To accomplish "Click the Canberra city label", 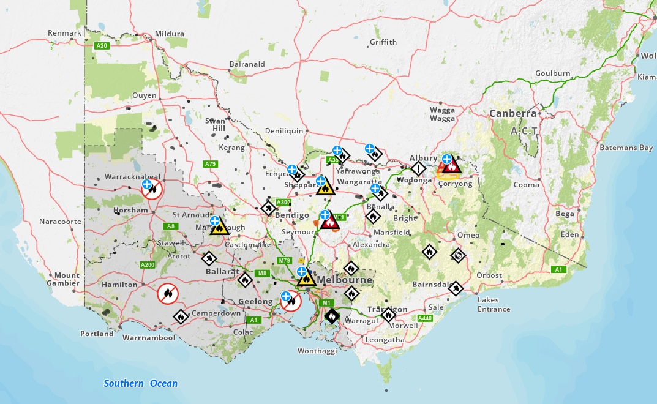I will pyautogui.click(x=512, y=114).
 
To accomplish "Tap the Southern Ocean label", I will pyautogui.click(x=140, y=384).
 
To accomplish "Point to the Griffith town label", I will pyautogui.click(x=383, y=42).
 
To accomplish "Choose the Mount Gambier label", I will pyautogui.click(x=67, y=279).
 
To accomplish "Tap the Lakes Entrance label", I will pyautogui.click(x=494, y=304).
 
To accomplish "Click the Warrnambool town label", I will pyautogui.click(x=149, y=337).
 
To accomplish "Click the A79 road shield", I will pyautogui.click(x=211, y=163).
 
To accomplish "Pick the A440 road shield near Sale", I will pyautogui.click(x=424, y=318).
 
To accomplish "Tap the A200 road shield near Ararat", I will pyautogui.click(x=147, y=264).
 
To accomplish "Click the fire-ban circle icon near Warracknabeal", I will pyautogui.click(x=152, y=189).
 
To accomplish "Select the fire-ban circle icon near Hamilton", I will pyautogui.click(x=167, y=294).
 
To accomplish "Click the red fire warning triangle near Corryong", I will pyautogui.click(x=452, y=166).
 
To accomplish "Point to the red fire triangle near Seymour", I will pyautogui.click(x=330, y=222).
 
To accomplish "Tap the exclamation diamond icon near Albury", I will pyautogui.click(x=418, y=168).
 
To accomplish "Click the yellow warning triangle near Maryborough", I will pyautogui.click(x=219, y=228).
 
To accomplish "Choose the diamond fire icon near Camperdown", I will pyautogui.click(x=181, y=316).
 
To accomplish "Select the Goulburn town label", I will pyautogui.click(x=552, y=73).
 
